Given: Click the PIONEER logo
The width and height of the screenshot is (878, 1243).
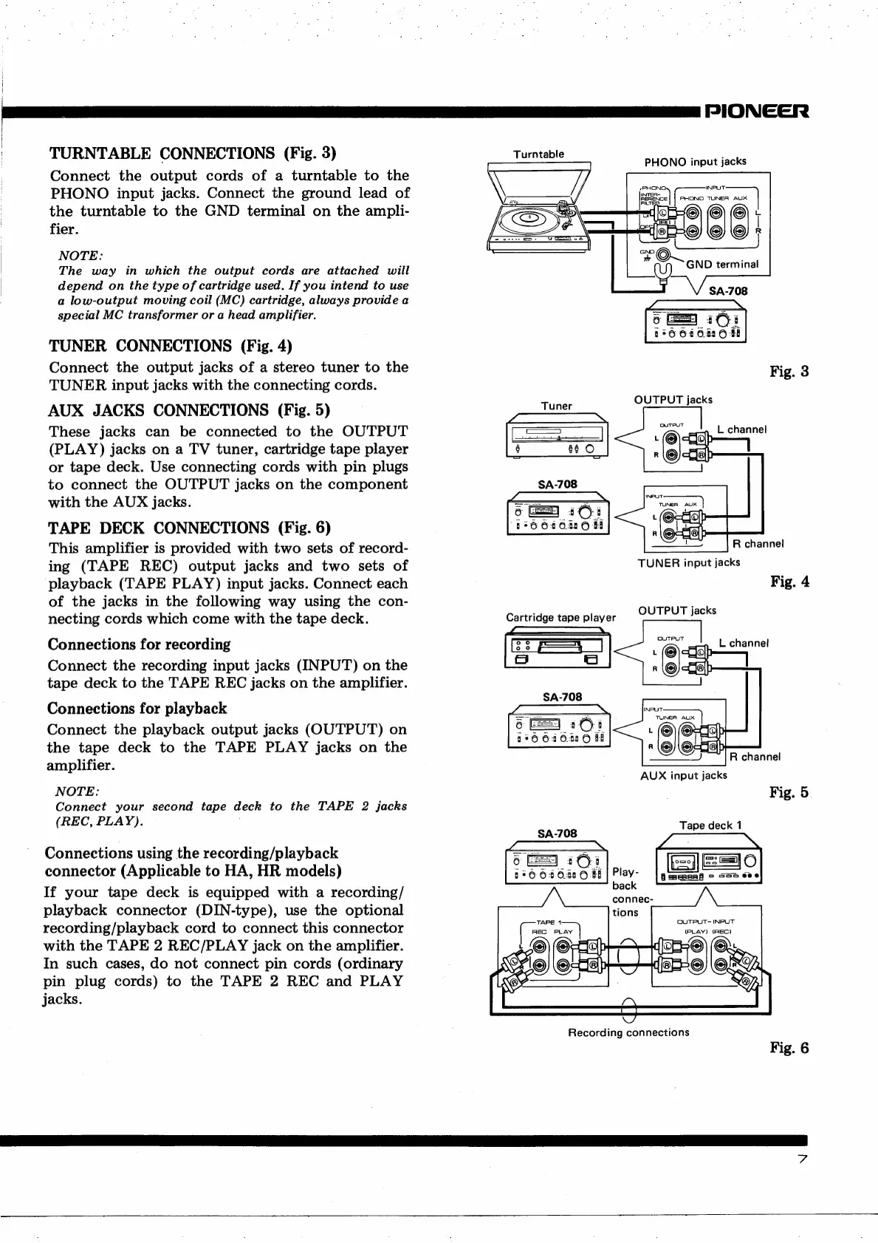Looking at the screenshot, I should tap(758, 111).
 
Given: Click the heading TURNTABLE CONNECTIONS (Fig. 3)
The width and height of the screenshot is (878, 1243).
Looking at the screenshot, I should tap(193, 154).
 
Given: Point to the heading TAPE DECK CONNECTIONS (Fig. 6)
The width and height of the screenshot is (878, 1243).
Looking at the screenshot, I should tap(190, 528).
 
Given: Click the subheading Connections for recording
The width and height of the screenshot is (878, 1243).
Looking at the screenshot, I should tap(139, 644).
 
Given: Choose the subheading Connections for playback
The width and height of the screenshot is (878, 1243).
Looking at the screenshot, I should tap(137, 708).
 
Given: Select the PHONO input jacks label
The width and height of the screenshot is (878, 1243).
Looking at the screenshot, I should tap(695, 161).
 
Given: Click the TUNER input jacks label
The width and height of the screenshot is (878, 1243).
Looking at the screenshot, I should tap(689, 562).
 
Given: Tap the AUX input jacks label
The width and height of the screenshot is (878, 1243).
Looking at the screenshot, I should tap(683, 775).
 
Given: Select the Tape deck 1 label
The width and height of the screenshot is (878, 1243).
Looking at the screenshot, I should tap(710, 825).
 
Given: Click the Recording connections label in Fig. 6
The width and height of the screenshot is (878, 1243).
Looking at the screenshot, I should tap(628, 1032).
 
